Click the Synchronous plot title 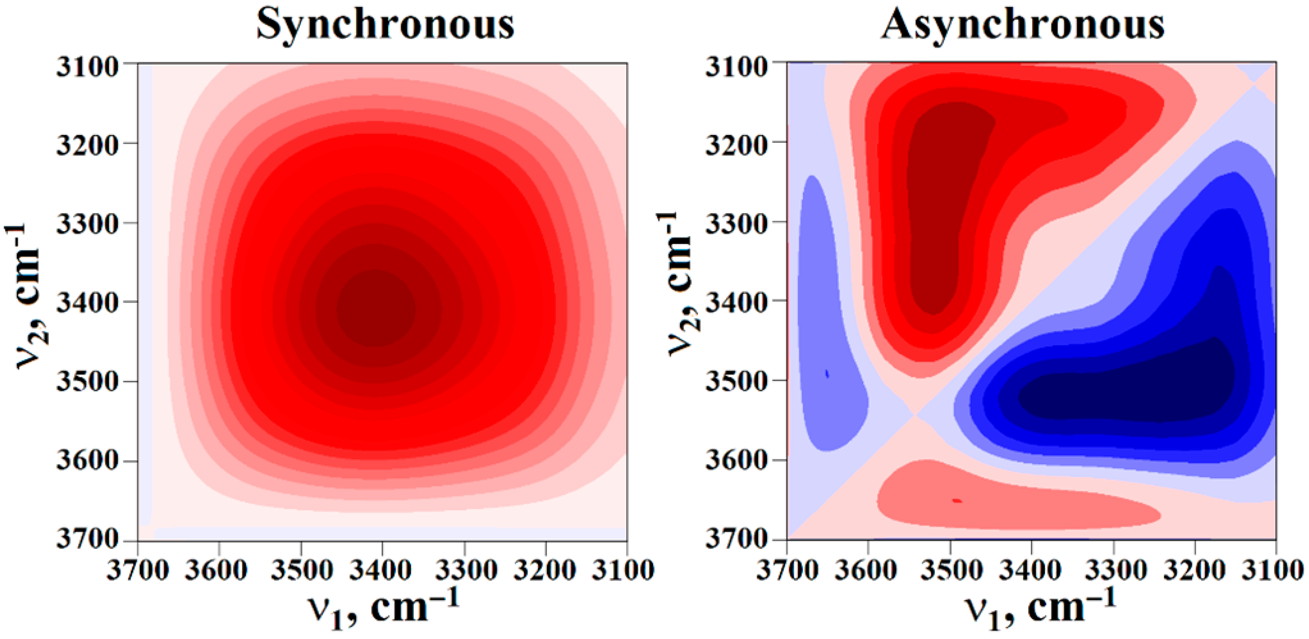385,25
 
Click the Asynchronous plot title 1022,25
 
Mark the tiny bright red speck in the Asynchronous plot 957,501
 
